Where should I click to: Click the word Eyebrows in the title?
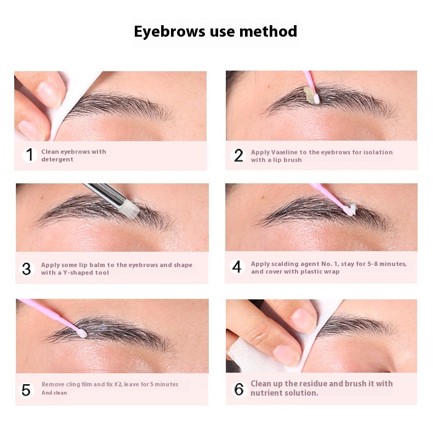169,31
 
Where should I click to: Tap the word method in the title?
268,31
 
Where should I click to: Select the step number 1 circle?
30,155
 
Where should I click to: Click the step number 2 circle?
238,155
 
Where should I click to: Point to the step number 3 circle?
27,269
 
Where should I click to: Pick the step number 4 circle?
237,267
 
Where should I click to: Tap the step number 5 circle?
26,390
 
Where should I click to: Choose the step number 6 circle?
239,389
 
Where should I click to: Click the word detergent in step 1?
58,159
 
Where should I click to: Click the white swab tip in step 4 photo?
351,210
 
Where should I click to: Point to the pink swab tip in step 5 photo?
82,333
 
